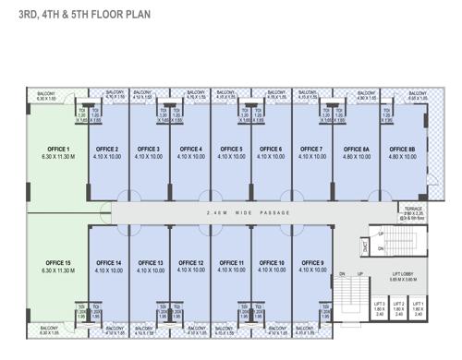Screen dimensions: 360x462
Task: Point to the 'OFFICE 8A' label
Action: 357,149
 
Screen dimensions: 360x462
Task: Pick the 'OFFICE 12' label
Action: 190,263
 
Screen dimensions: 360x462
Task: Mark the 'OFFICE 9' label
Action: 312,263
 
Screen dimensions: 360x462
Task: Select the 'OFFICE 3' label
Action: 149,149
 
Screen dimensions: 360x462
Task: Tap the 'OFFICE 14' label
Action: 108,263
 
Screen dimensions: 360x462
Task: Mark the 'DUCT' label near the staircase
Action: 366,246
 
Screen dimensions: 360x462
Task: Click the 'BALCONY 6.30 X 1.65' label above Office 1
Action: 46,95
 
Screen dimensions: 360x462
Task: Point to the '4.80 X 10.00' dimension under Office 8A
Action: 357,157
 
